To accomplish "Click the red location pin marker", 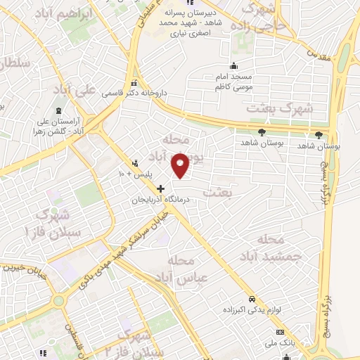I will (181, 165).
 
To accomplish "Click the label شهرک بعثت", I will (273, 108).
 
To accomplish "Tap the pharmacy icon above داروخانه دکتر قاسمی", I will (134, 83).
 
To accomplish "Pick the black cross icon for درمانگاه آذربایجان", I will (161, 188).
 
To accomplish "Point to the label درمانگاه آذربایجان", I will (161, 200).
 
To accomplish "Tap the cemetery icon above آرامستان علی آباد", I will (58, 111).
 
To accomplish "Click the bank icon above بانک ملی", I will (280, 331).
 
